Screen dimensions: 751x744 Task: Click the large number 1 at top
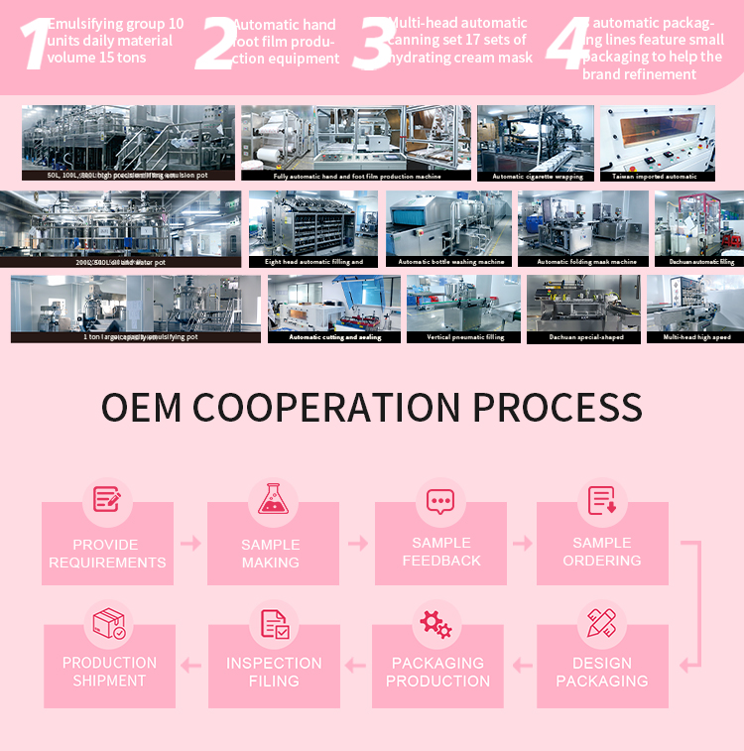(34, 44)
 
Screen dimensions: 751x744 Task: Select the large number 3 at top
(371, 44)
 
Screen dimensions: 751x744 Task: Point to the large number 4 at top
(567, 44)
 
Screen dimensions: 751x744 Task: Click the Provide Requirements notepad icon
(107, 498)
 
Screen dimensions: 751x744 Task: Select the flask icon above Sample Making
(272, 498)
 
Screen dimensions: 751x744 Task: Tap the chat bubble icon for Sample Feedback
(439, 500)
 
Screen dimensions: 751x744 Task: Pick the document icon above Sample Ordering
(602, 500)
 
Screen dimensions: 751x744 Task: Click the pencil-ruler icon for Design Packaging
(602, 623)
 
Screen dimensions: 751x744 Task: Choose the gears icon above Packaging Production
(436, 623)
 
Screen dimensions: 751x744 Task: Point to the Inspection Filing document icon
(274, 623)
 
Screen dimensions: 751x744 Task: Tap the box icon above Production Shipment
(108, 624)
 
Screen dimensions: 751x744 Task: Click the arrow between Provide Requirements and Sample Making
(190, 544)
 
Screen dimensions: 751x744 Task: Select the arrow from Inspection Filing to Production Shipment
(190, 666)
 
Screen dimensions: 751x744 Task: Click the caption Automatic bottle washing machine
(450, 262)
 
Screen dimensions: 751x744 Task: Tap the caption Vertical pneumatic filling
(464, 337)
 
